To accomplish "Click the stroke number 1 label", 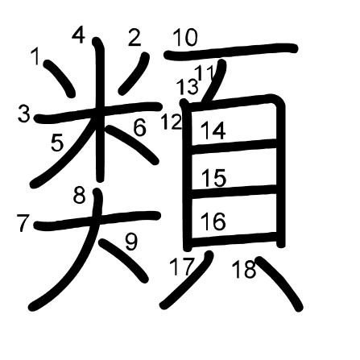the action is point(35,56).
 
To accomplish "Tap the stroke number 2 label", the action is point(134,37).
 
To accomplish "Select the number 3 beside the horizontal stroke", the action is point(24,114).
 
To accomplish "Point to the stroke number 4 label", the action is point(79,35).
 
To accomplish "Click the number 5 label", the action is point(57,143).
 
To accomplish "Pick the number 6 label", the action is point(139,127).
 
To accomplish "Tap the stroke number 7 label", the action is point(23,223).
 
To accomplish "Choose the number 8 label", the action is point(80,195).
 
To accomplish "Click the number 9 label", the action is point(131,242).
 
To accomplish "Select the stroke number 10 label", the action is point(185,38).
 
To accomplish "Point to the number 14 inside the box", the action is point(213,130).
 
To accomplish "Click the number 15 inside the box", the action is point(213,177).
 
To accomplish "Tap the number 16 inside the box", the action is point(213,221).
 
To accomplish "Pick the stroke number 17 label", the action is point(182,267).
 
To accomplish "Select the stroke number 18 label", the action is point(244,269).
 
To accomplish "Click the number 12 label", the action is point(172,122).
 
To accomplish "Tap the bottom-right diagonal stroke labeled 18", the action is point(279,283).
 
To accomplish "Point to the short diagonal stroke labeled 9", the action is point(123,260).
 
